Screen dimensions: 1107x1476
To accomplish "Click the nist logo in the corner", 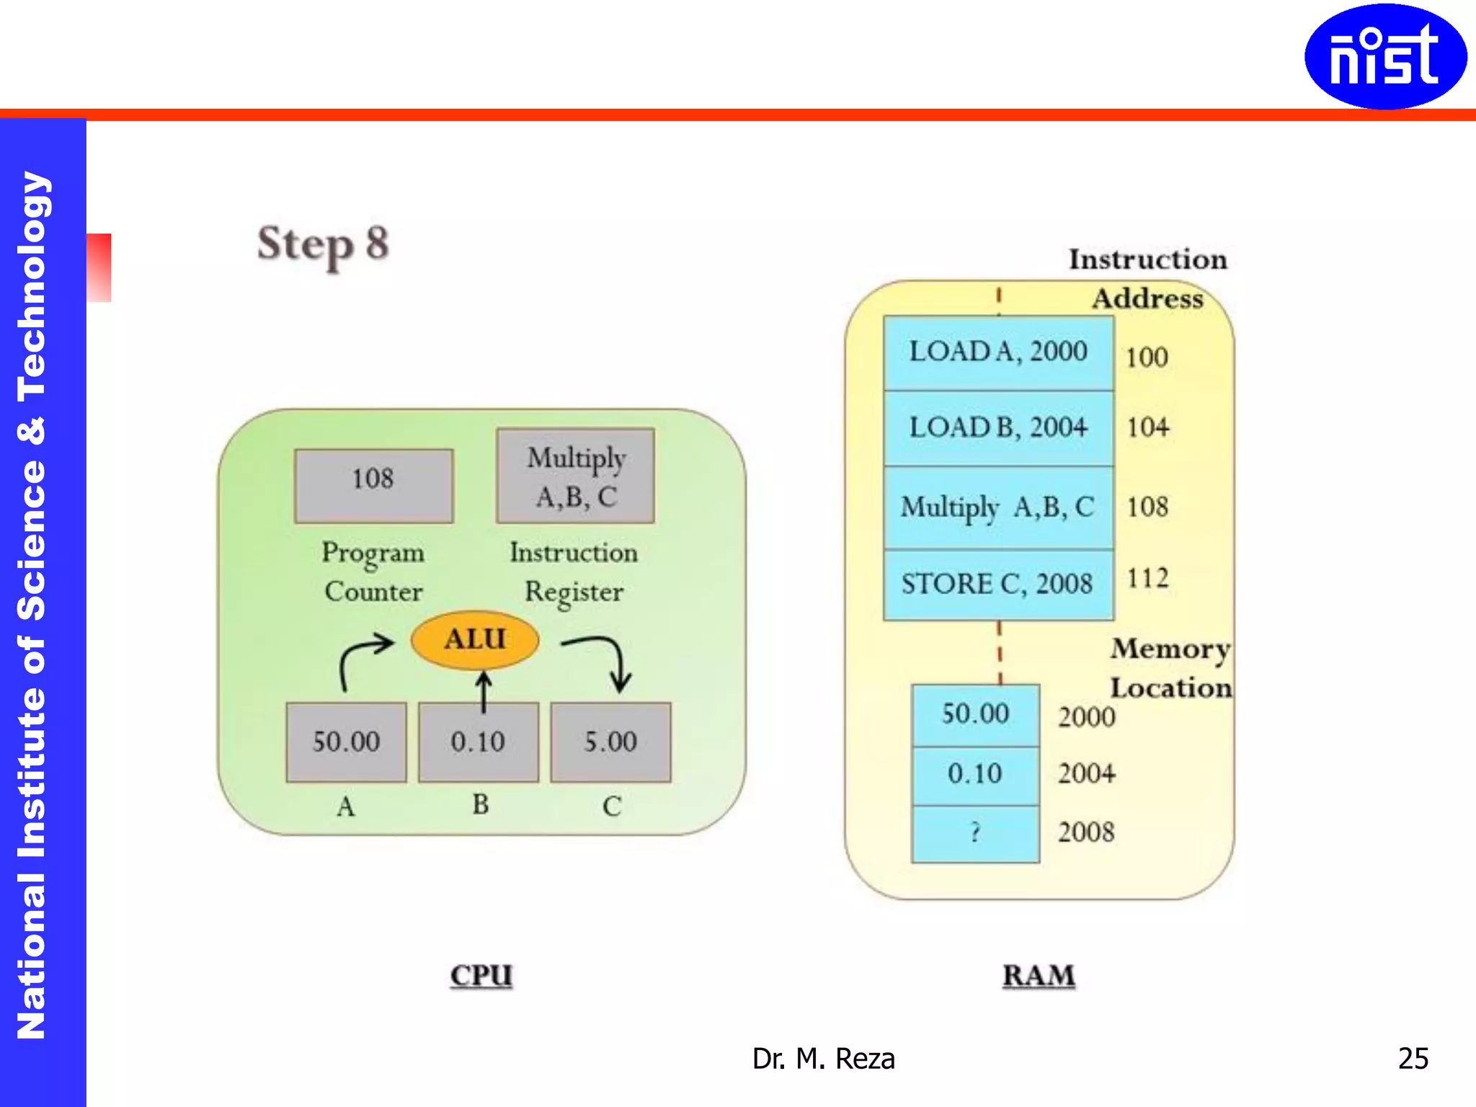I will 1384,56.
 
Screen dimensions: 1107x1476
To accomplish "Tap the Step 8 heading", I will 323,244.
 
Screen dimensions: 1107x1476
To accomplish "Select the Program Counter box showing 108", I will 373,485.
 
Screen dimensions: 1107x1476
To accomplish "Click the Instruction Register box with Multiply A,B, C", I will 575,476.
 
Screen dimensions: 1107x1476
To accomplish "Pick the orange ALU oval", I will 474,639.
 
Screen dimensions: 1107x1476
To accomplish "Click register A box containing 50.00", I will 346,742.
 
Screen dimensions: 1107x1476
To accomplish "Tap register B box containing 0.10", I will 478,742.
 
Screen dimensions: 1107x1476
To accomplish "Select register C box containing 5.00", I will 610,742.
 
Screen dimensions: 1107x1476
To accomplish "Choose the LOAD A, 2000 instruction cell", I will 998,352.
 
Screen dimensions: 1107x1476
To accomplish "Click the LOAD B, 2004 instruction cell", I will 998,428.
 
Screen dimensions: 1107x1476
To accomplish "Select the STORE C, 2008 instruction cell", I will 998,584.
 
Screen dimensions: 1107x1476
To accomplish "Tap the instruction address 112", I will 1147,578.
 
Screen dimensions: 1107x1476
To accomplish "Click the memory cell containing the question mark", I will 975,833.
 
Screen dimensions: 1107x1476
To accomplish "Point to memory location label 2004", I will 1086,774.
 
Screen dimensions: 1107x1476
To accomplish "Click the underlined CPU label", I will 481,976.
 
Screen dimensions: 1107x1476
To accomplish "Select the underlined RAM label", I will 1038,976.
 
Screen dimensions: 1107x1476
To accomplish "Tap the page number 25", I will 1413,1058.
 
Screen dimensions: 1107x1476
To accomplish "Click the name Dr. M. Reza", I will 823,1059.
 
